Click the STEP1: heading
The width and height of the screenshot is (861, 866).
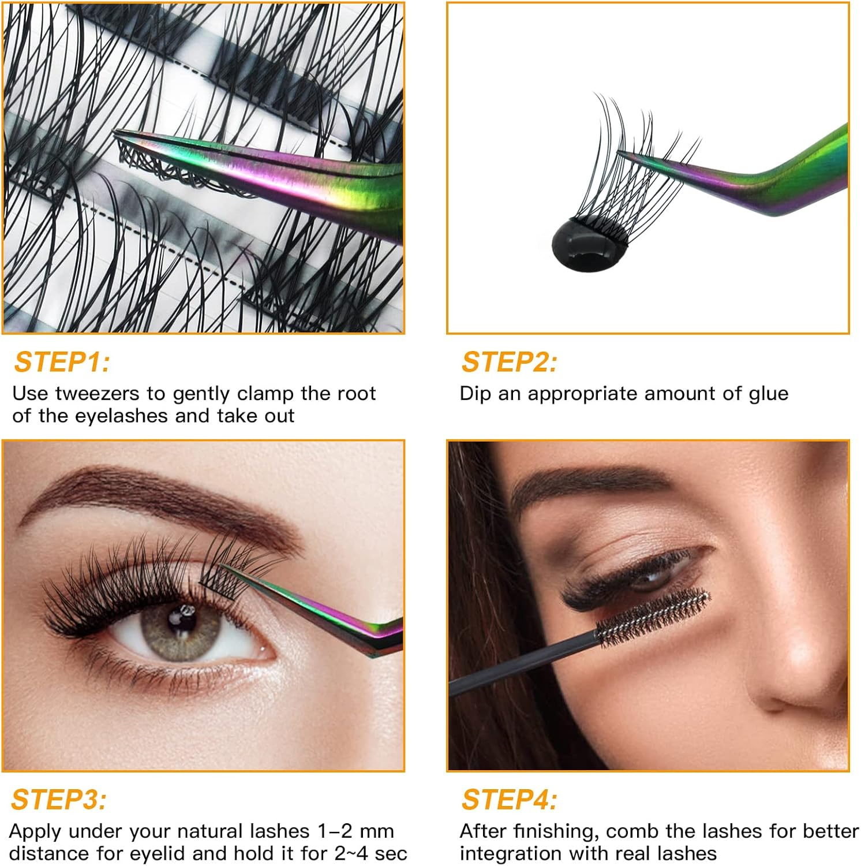point(62,363)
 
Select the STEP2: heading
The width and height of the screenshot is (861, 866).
point(509,363)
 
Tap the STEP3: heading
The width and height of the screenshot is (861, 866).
point(59,800)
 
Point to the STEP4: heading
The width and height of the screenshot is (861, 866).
point(509,800)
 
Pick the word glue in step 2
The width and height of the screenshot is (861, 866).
point(769,394)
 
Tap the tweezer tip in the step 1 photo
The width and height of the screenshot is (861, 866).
point(124,136)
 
